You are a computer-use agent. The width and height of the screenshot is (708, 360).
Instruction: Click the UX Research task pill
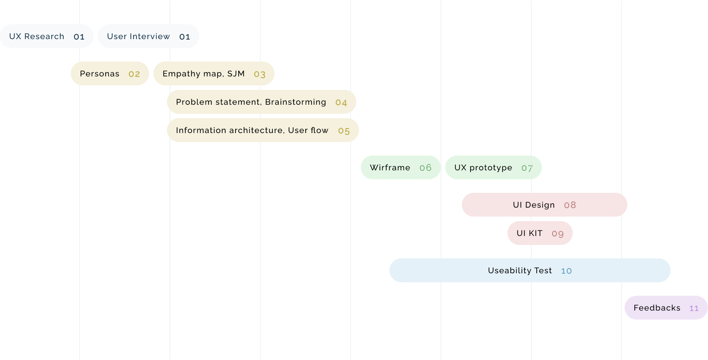[x=46, y=36]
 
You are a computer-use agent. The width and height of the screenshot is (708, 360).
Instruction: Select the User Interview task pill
[x=148, y=36]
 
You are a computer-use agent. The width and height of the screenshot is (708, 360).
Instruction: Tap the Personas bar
[x=110, y=74]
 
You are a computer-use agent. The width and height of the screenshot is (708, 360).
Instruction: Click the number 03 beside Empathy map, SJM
[x=259, y=74]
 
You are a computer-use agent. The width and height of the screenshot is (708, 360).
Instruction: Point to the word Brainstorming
[x=295, y=102]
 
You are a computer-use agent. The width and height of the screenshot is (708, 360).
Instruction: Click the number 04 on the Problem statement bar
[x=341, y=102]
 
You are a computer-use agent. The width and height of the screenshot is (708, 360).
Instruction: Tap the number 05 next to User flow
[x=344, y=131]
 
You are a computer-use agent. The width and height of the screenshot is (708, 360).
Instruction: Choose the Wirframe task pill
[x=401, y=168]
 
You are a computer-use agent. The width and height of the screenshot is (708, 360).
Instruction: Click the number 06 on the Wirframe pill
[x=425, y=168]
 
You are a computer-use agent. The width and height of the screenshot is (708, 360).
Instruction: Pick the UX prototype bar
[x=494, y=168]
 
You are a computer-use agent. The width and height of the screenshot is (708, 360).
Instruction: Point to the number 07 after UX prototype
[x=527, y=168]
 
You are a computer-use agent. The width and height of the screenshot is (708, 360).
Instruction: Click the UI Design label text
[x=534, y=205]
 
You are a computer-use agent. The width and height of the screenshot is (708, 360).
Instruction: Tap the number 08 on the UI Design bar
[x=570, y=205]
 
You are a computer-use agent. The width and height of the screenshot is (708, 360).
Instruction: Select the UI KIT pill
[x=540, y=233]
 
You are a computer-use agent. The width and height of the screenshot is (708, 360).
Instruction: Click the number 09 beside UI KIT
[x=557, y=234]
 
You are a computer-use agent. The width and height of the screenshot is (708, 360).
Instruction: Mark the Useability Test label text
[x=520, y=271]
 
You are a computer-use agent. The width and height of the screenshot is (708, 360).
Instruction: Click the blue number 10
[x=566, y=271]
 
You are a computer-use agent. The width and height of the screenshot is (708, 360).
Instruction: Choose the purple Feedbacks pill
[x=666, y=308]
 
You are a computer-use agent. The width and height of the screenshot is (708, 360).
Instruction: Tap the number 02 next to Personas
[x=134, y=74]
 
